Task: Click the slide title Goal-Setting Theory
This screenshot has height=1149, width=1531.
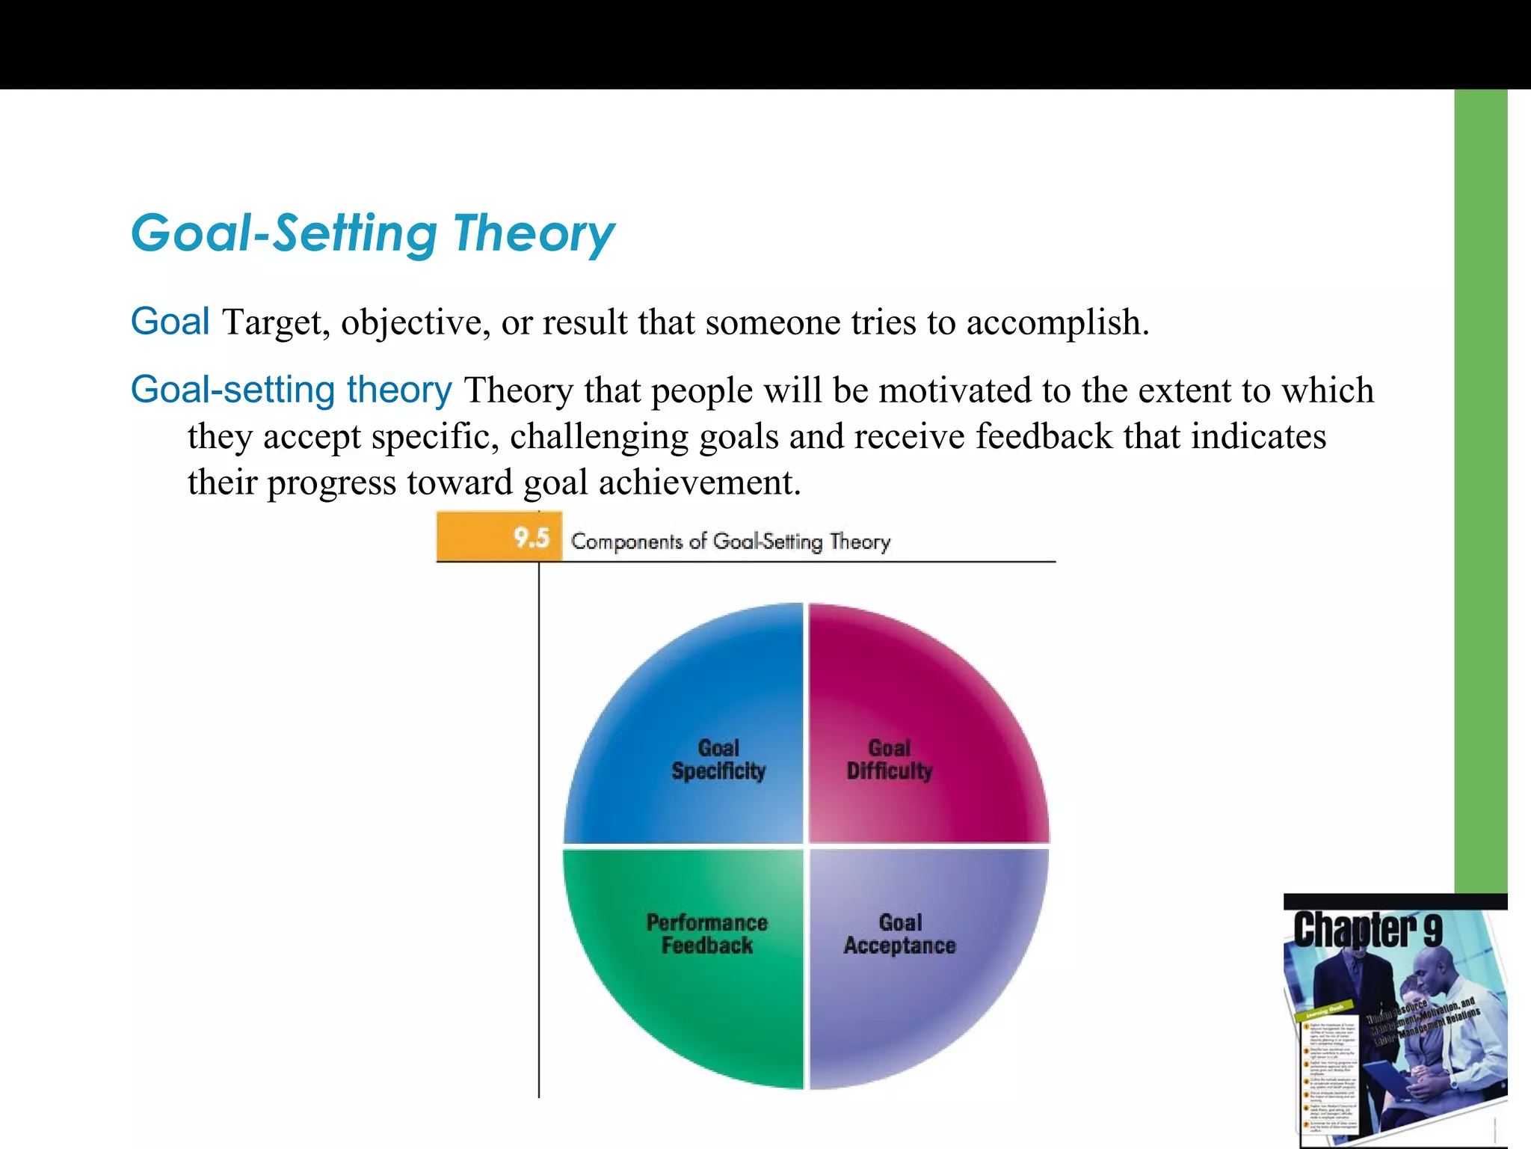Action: pyautogui.click(x=372, y=233)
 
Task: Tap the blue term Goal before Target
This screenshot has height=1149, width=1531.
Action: pyautogui.click(x=170, y=322)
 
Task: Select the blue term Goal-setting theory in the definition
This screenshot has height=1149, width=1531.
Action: pyautogui.click(x=291, y=390)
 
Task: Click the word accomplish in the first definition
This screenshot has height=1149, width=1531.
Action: pyautogui.click(x=1056, y=323)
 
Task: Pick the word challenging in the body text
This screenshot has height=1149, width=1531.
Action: pyautogui.click(x=599, y=437)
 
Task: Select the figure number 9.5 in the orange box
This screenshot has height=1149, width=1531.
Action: pyautogui.click(x=532, y=538)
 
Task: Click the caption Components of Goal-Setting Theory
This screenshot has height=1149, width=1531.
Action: pyautogui.click(x=730, y=541)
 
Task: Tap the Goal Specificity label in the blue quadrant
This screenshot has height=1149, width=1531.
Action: pyautogui.click(x=718, y=759)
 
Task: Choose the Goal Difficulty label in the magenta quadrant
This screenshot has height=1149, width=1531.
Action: pyautogui.click(x=889, y=759)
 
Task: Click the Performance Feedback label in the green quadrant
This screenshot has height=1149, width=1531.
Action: pyautogui.click(x=707, y=934)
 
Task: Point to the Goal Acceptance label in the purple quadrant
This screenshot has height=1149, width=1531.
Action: pyautogui.click(x=900, y=934)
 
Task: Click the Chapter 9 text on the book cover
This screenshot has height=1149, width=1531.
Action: pyautogui.click(x=1367, y=930)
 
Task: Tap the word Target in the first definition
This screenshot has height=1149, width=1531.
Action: pyautogui.click(x=276, y=323)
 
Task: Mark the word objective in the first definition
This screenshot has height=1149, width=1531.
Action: pyautogui.click(x=416, y=323)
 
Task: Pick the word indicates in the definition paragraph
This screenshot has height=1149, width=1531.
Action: pyautogui.click(x=1258, y=436)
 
